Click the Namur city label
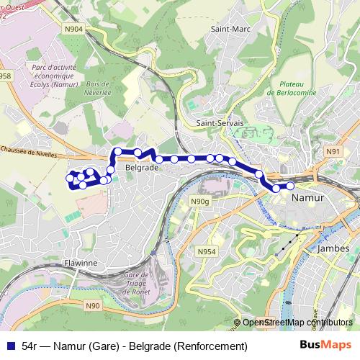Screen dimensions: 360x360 [x=309, y=197]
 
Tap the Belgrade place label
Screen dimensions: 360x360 [x=141, y=167]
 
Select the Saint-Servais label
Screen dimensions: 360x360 [x=220, y=123]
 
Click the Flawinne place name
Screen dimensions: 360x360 [x=80, y=263]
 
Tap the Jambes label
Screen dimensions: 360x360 [x=333, y=248]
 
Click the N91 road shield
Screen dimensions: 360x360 [x=332, y=151]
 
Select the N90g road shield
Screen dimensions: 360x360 [x=199, y=202]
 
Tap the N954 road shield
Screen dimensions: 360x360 [x=207, y=251]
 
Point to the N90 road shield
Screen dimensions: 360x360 [x=92, y=305]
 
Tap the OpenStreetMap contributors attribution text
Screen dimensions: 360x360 [x=297, y=323]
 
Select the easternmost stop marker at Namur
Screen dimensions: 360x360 [x=291, y=186]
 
